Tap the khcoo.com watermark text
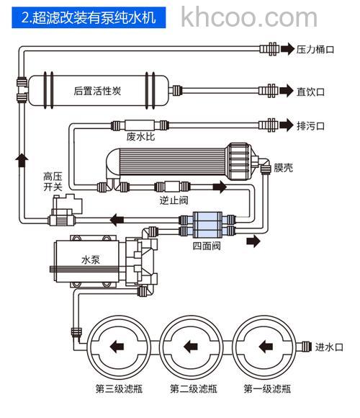pos(249,16)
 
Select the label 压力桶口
pos(315,50)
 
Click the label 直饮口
pos(311,92)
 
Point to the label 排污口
pos(311,125)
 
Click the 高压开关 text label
pos(53,182)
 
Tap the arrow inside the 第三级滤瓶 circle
pos(115,346)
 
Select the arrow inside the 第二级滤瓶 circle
pos(189,346)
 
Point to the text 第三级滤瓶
pos(119,389)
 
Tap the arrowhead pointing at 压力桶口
pos(288,50)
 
